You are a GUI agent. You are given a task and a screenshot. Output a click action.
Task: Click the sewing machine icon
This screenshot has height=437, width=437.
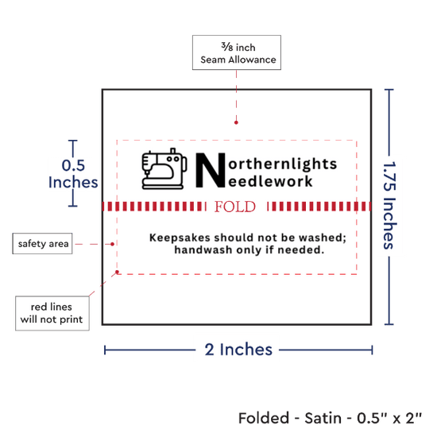coord(164,169)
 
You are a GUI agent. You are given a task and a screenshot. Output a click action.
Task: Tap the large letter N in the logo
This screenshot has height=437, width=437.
coord(211,170)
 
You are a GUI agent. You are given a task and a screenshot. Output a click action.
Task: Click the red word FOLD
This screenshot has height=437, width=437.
coord(234,207)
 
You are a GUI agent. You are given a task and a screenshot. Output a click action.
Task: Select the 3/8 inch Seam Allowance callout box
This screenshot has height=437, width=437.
coord(237,52)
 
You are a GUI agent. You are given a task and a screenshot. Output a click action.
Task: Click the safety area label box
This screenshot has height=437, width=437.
coord(42,244)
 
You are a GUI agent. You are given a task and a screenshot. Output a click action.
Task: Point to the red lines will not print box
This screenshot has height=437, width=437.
coord(52,313)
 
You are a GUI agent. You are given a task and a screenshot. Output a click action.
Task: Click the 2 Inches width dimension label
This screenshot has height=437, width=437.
coord(238,350)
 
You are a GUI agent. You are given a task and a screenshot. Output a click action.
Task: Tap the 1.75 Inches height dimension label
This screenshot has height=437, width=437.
coord(389,205)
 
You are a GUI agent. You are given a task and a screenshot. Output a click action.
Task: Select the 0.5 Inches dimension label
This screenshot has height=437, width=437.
coord(73,174)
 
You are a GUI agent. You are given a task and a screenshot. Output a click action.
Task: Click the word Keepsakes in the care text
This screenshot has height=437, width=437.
coord(180,238)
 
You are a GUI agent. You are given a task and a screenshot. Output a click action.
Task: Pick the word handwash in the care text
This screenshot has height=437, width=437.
coord(203,249)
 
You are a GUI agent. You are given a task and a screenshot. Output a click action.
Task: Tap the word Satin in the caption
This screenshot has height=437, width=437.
coord(323,418)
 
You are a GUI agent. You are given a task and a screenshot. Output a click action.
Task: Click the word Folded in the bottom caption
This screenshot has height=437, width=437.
coord(264,418)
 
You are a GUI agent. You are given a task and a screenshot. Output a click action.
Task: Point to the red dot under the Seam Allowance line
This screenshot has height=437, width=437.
coord(236,122)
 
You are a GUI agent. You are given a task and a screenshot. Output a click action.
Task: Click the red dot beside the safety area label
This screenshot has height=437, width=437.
coord(112,244)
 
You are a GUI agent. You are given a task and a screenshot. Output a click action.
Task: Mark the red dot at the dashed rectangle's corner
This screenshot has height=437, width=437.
coord(117,272)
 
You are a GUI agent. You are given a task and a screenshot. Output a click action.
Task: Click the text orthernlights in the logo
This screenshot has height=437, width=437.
coord(283,164)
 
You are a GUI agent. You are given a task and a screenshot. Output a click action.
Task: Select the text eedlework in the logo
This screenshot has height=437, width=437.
coord(270,182)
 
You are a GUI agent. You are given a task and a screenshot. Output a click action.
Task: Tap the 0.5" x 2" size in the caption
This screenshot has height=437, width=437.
coord(389,418)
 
